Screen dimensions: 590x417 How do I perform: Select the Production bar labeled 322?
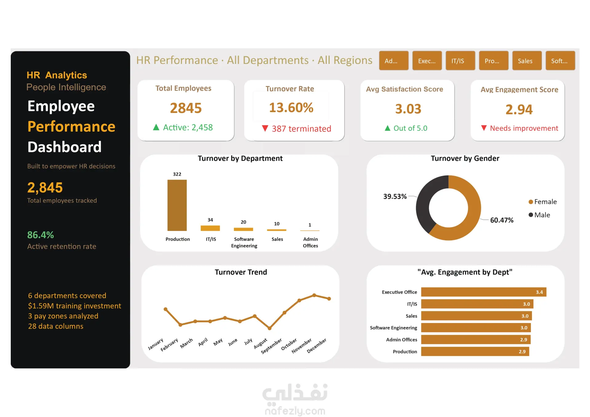tap(177, 205)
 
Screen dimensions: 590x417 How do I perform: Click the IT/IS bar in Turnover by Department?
tap(210, 228)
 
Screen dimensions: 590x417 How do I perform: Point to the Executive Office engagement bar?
tap(483, 292)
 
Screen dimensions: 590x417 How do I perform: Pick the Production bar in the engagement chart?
tap(475, 352)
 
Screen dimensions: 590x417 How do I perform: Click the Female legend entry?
tap(543, 202)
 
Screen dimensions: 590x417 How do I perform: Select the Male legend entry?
tap(539, 215)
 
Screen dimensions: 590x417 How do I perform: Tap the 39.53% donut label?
tap(395, 197)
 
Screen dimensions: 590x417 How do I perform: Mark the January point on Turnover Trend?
tap(166, 309)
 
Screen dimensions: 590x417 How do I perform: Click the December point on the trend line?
tap(329, 298)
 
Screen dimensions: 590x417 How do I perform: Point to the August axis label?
tap(261, 343)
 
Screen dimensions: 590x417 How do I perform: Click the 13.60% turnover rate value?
tap(291, 107)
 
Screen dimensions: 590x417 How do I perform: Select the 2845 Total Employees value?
tap(186, 108)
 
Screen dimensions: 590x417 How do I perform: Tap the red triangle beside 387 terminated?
tap(265, 128)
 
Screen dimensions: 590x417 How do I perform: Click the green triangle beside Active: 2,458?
tap(156, 127)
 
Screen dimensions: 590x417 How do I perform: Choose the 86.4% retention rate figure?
tap(41, 235)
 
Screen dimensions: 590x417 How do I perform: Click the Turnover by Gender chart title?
tap(465, 158)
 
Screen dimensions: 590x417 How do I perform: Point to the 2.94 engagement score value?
tap(519, 110)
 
